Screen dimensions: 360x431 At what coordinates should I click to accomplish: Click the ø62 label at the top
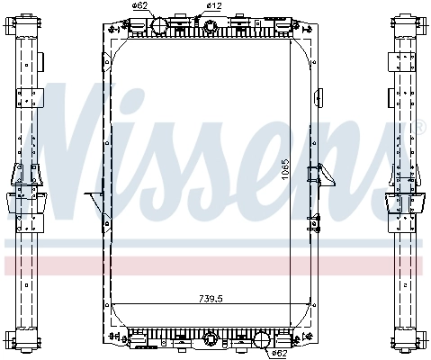(x=139, y=5)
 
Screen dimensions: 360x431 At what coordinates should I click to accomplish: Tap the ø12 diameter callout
(x=213, y=5)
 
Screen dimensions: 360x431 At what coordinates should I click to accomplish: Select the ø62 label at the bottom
(x=279, y=353)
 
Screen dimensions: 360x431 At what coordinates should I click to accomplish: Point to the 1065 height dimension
(x=283, y=168)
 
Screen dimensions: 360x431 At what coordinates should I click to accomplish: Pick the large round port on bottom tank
(x=262, y=341)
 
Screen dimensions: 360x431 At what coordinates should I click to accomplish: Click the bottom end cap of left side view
(x=26, y=341)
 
